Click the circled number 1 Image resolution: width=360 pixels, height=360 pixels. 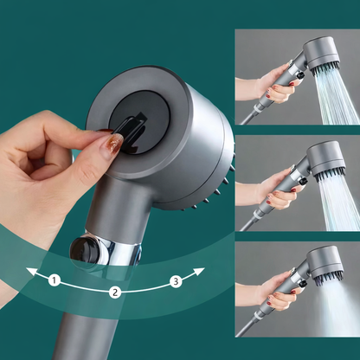pos(53,280)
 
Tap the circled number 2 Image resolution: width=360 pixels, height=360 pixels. pos(113,292)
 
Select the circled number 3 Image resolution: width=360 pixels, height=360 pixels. pos(176,280)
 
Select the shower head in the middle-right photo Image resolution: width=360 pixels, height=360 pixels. pos(323,160)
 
